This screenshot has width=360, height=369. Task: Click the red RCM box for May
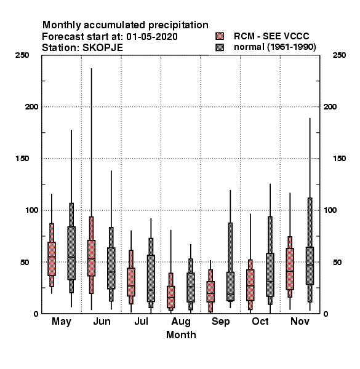coord(52,259)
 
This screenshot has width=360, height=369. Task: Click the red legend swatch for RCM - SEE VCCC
coord(220,36)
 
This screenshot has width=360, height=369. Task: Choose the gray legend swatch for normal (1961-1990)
coord(220,47)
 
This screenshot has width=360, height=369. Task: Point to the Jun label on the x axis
coord(102,322)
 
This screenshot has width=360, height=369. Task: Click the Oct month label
coord(260,321)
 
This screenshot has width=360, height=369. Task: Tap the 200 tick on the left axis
coord(31,107)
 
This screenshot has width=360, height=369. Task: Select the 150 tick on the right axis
coord(339,159)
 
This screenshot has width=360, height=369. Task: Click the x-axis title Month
coord(181,335)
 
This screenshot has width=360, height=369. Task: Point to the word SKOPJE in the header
coord(103,48)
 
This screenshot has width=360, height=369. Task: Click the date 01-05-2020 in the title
coord(152,37)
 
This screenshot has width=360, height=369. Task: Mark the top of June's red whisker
coord(91,68)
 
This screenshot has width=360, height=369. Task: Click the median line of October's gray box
coord(270,282)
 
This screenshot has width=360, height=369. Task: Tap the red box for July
coord(131,282)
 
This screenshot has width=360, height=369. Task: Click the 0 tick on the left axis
coord(36,314)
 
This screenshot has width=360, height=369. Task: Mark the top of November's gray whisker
coord(310,118)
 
